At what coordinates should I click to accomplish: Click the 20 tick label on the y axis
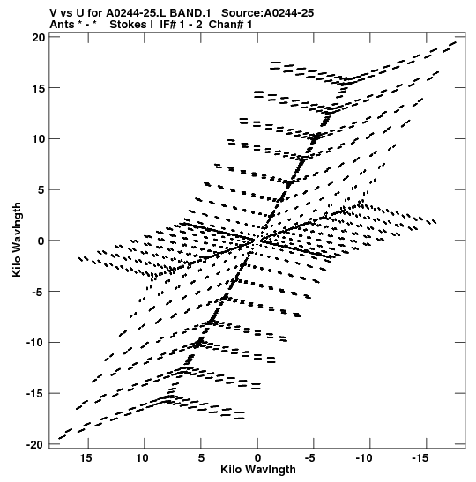pyautogui.click(x=38, y=37)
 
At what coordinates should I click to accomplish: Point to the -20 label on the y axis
pyautogui.click(x=35, y=444)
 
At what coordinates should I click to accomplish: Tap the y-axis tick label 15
pyautogui.click(x=38, y=88)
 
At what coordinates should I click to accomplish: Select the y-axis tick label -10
pyautogui.click(x=35, y=342)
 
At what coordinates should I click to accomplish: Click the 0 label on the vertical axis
pyautogui.click(x=41, y=241)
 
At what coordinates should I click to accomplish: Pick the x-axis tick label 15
pyautogui.click(x=86, y=458)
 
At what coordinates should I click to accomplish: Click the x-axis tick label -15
pyautogui.click(x=420, y=458)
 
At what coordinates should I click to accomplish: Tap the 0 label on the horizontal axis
pyautogui.click(x=257, y=458)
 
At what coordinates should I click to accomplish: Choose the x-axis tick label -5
pyautogui.click(x=310, y=458)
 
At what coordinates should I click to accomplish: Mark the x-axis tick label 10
pyautogui.click(x=143, y=458)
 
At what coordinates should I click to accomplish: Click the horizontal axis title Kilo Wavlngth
pyautogui.click(x=258, y=470)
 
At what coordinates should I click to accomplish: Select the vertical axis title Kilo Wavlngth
pyautogui.click(x=17, y=240)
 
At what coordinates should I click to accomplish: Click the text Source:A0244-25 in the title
pyautogui.click(x=267, y=13)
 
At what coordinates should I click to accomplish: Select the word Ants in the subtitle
pyautogui.click(x=62, y=25)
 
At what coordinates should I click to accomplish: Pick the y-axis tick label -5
pyautogui.click(x=39, y=292)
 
